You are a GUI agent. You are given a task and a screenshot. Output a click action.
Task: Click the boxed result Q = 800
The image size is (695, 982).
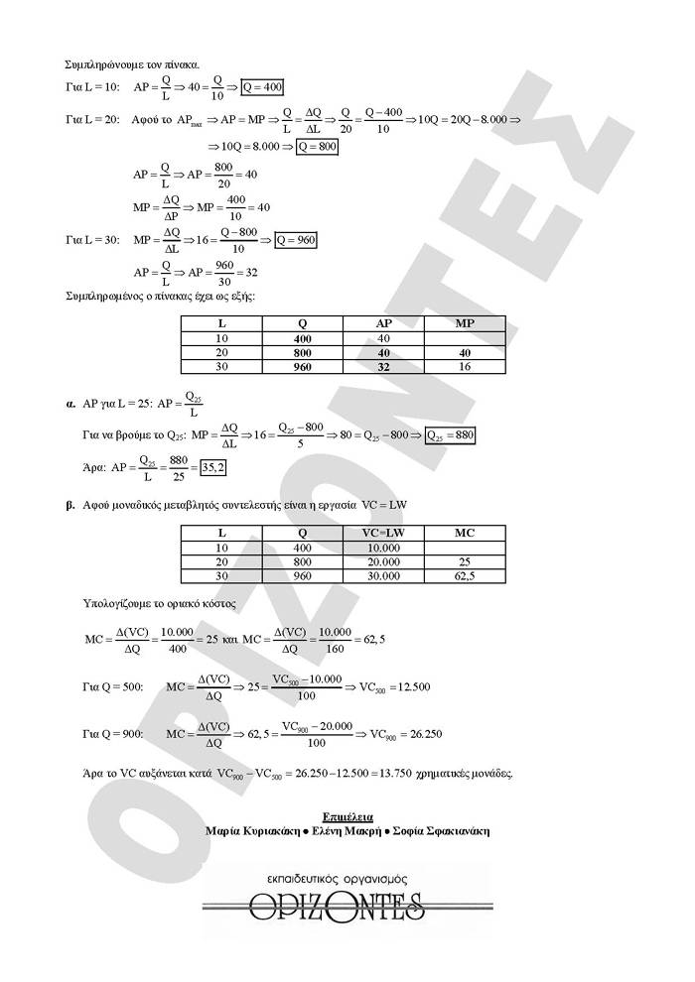click(x=317, y=146)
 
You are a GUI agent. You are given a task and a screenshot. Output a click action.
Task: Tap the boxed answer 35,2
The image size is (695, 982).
click(x=213, y=467)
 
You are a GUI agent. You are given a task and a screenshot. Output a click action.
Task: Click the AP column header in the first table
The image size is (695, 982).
click(x=383, y=323)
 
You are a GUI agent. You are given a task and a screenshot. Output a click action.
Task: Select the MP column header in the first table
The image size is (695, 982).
click(x=465, y=323)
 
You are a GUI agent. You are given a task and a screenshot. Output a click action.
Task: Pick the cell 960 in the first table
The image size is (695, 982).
click(x=303, y=367)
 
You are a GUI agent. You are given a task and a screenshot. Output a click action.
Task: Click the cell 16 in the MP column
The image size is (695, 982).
click(x=465, y=367)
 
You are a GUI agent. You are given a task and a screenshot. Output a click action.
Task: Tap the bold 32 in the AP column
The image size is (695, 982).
click(x=383, y=367)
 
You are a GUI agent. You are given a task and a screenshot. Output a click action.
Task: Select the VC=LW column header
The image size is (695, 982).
click(x=383, y=533)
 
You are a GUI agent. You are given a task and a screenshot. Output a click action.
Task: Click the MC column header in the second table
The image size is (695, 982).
click(x=465, y=533)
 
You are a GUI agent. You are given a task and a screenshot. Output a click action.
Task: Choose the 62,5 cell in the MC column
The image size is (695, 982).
click(x=465, y=575)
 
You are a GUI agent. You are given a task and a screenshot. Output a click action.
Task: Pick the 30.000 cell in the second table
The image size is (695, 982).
click(x=383, y=575)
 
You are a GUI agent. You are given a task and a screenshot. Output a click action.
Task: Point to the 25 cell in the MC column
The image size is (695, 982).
click(x=465, y=561)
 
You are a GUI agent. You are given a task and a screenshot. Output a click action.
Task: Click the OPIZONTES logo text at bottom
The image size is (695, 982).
click(x=347, y=907)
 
